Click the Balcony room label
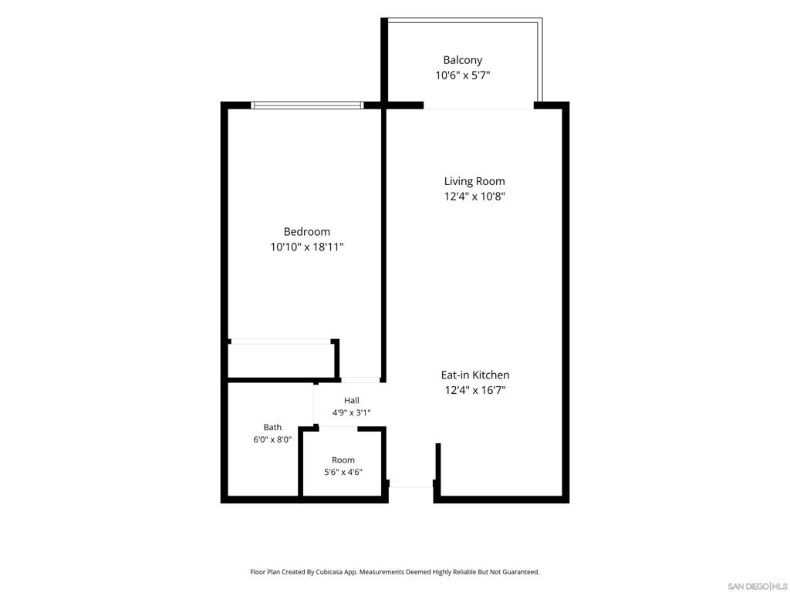(x=463, y=60)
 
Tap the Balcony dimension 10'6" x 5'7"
(x=463, y=76)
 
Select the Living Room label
(x=474, y=181)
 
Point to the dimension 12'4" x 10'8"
(x=474, y=197)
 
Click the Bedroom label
(x=307, y=231)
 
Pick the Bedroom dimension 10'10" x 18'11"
(x=307, y=247)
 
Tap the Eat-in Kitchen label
(x=475, y=375)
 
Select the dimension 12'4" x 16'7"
(x=475, y=390)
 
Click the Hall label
(x=352, y=400)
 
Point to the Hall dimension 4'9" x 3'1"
(x=352, y=413)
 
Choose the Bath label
(x=272, y=427)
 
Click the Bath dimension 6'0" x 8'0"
(x=272, y=439)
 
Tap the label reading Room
(x=343, y=460)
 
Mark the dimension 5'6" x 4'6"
(x=343, y=473)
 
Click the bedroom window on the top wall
(x=307, y=105)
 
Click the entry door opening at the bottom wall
(x=411, y=486)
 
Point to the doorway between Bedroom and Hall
(x=360, y=380)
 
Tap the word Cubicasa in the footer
(x=329, y=572)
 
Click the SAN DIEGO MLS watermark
(x=758, y=587)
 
